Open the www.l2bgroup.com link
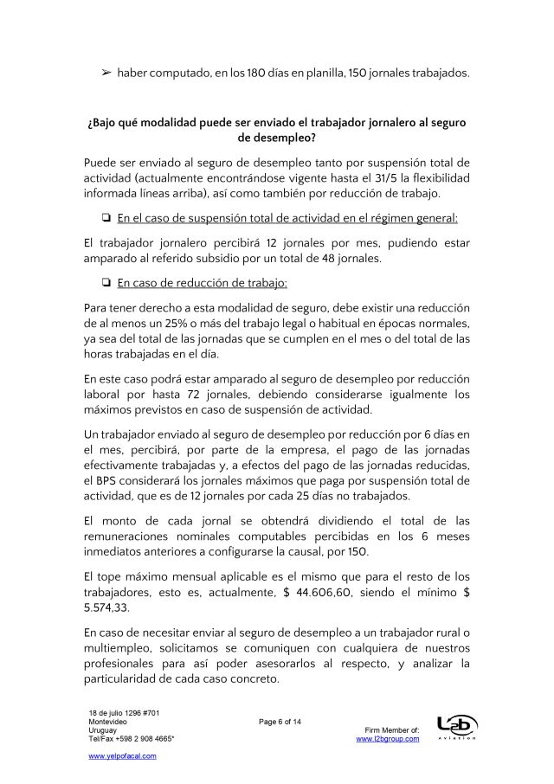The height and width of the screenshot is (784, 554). [x=388, y=738]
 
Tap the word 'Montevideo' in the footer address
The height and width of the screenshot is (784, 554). [x=108, y=721]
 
